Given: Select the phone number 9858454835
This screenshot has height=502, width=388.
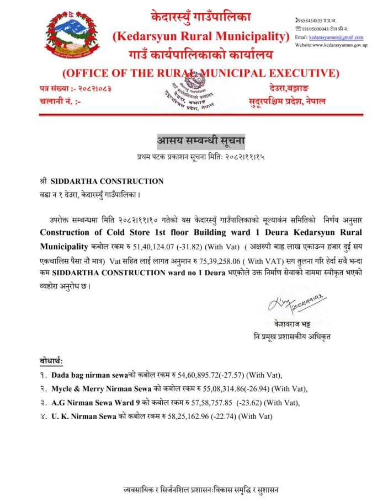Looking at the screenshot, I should [312, 20].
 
